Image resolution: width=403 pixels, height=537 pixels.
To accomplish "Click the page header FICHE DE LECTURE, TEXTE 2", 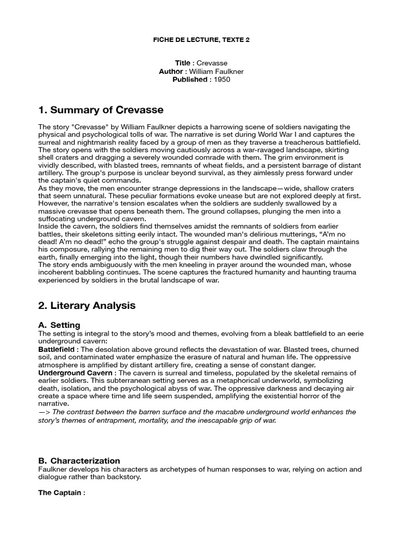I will click(201, 40).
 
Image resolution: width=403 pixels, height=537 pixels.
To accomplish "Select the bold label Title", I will click(183, 63).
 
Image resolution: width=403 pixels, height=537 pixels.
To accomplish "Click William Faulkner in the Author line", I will click(216, 71).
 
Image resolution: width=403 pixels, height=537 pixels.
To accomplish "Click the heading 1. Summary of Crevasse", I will click(101, 110).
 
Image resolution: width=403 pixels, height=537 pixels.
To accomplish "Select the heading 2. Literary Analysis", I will click(87, 306).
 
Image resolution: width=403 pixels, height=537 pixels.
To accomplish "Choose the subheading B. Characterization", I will click(79, 461).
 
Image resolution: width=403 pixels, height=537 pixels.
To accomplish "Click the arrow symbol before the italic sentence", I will click(44, 412).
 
